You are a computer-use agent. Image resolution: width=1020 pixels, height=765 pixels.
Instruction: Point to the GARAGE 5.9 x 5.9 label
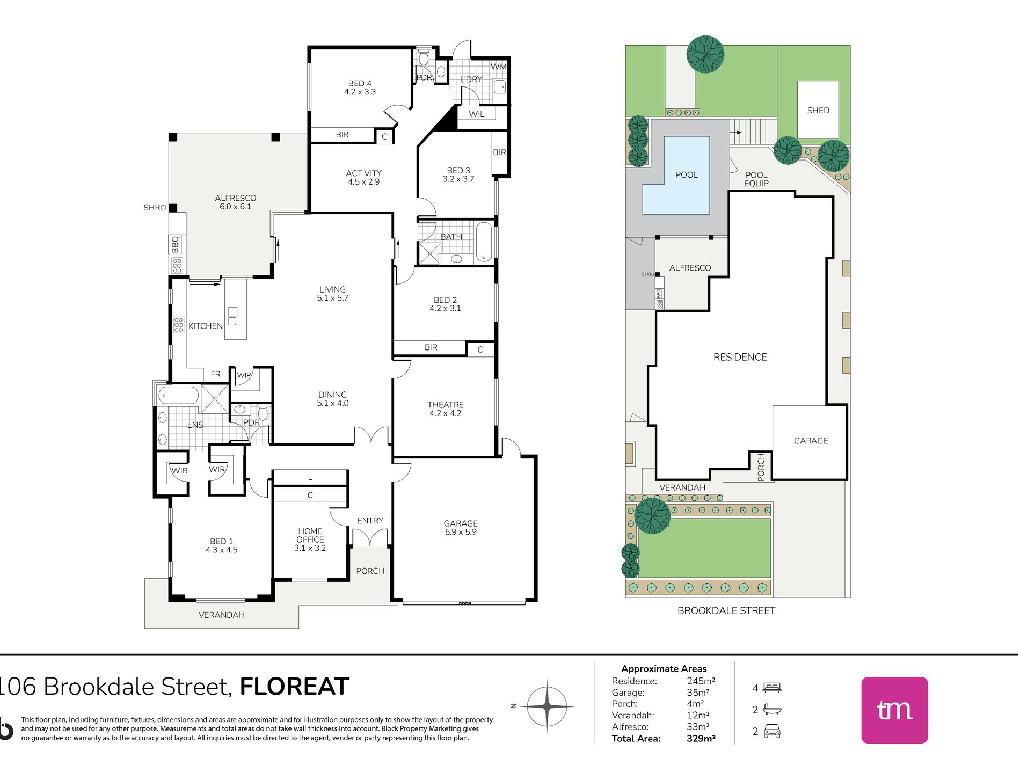[461, 527]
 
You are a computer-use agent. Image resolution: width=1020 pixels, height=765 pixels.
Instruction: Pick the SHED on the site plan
[818, 110]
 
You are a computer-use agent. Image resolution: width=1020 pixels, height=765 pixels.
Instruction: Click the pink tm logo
[894, 710]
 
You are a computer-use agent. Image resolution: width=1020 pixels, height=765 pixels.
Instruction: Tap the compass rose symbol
[547, 706]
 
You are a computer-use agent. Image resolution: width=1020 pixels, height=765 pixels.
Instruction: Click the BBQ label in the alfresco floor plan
[176, 244]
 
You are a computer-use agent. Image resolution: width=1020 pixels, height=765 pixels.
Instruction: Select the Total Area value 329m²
[701, 738]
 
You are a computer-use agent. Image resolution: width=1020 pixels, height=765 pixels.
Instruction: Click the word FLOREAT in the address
[294, 687]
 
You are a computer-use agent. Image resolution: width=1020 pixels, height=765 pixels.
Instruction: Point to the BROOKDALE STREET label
[726, 610]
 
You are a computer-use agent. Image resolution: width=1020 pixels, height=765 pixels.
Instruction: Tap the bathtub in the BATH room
[484, 242]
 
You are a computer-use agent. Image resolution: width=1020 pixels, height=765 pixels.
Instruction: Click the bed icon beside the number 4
[772, 687]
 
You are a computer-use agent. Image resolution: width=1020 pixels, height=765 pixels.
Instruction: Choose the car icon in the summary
[771, 731]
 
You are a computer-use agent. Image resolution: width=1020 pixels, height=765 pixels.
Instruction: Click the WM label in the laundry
[498, 67]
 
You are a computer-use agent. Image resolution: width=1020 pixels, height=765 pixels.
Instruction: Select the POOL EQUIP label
[756, 179]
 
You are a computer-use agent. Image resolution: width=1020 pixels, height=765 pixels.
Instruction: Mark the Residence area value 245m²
[701, 681]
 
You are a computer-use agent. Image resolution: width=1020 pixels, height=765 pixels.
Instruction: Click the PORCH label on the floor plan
[370, 571]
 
